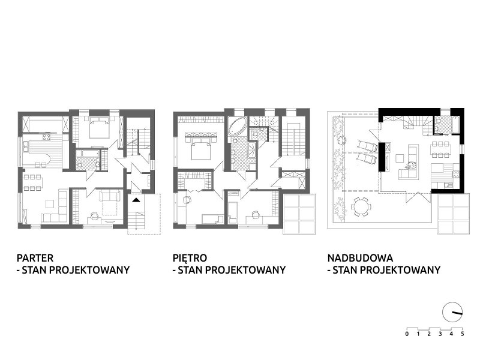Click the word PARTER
[35, 258]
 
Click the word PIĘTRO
[190, 258]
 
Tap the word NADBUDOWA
[361, 258]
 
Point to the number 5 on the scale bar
[463, 334]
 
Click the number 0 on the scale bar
[407, 334]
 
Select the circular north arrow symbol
[452, 313]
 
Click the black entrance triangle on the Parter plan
[136, 200]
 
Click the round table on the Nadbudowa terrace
[361, 206]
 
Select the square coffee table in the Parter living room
[50, 204]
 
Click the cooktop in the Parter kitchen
[47, 137]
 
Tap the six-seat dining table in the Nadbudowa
[439, 149]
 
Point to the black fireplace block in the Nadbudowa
[382, 157]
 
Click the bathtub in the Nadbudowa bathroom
[455, 125]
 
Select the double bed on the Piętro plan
[200, 146]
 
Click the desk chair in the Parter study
[94, 216]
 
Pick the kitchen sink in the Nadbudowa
[448, 185]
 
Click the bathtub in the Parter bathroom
[87, 154]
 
